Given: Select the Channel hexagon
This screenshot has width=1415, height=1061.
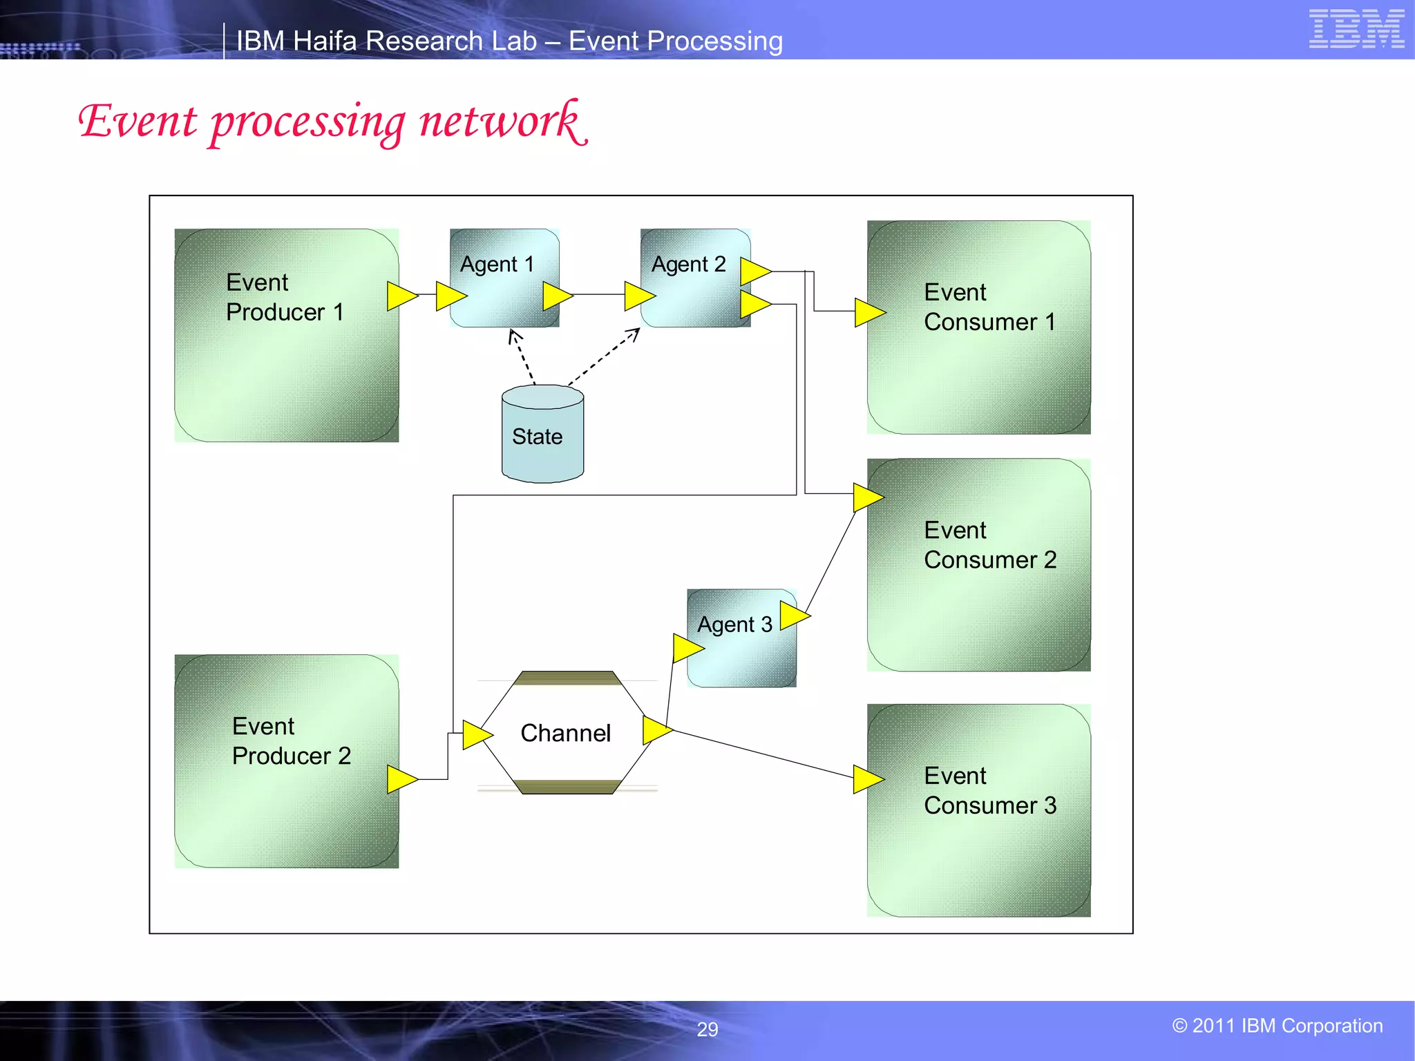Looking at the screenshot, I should click(x=565, y=733).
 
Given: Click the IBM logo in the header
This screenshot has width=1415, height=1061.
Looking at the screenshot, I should click(x=1356, y=29).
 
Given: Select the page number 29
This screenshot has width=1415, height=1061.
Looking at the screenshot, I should click(x=707, y=1029).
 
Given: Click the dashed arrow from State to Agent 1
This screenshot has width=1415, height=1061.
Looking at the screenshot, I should click(x=522, y=357).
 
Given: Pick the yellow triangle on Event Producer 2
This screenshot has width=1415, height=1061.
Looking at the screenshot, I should click(x=401, y=779).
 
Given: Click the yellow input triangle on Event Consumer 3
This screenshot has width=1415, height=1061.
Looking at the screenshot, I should click(x=867, y=779).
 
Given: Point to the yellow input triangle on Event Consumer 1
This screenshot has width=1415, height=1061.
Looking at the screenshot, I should click(x=868, y=312).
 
